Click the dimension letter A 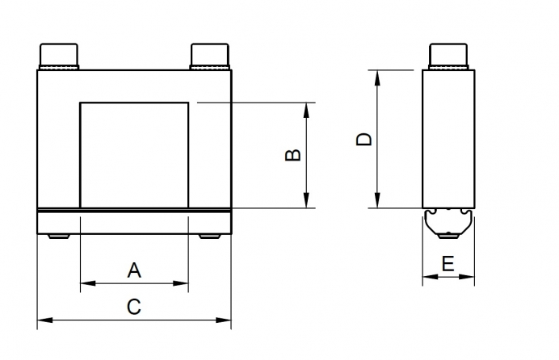[x=134, y=270]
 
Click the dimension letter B [x=293, y=154]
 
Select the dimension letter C [x=134, y=307]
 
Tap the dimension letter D [x=364, y=138]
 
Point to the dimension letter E [x=448, y=263]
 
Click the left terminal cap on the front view [x=61, y=57]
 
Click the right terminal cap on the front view [x=212, y=57]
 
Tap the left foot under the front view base [x=59, y=237]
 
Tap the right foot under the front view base [x=210, y=237]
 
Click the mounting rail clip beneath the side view [x=448, y=222]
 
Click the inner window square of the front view [x=134, y=154]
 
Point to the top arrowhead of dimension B [x=306, y=107]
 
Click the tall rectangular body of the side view [x=448, y=138]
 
